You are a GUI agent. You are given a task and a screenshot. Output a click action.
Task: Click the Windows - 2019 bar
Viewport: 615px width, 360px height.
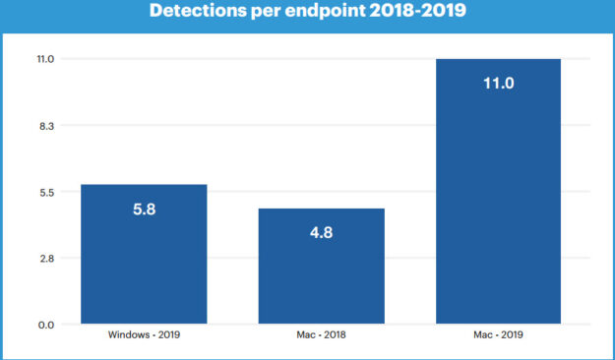coord(144,254)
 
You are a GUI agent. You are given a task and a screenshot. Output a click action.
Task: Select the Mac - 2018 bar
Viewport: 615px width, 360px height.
coord(321,267)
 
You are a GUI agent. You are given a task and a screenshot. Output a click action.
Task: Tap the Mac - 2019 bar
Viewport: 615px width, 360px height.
coord(498,192)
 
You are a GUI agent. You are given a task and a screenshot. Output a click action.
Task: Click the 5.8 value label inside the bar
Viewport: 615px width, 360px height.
coord(145,210)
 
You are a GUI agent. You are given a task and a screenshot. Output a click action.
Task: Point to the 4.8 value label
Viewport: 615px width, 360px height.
coord(321,232)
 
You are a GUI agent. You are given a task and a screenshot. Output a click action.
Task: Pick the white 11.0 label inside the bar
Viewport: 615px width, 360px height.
coord(499,84)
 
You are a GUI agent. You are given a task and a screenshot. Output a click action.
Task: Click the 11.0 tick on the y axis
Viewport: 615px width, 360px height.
coord(45,59)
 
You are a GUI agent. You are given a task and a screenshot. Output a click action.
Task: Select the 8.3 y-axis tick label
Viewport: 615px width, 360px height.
coord(46,126)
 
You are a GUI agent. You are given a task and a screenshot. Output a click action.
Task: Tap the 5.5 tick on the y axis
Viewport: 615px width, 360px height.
coord(46,192)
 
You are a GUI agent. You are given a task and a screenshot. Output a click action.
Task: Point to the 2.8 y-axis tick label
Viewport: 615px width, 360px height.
coord(46,259)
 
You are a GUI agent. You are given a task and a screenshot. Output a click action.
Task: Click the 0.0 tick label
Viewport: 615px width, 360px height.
coord(46,326)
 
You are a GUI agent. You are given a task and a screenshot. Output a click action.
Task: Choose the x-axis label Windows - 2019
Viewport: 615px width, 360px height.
coord(144,334)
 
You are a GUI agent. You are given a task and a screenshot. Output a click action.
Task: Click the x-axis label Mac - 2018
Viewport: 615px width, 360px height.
coord(321,334)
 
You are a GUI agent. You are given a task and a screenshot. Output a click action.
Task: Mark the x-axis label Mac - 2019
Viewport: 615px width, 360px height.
coord(498,334)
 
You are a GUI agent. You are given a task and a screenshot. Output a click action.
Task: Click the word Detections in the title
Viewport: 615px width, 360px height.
coord(198,11)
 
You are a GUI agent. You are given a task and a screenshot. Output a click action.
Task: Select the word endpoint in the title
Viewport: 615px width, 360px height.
coord(325,12)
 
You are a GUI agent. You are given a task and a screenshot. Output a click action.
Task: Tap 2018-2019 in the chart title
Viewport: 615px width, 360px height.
coord(418,11)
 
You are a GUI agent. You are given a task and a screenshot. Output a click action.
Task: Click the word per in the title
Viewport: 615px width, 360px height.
coord(266,12)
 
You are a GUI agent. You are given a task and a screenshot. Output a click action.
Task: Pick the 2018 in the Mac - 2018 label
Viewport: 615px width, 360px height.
coord(335,334)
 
